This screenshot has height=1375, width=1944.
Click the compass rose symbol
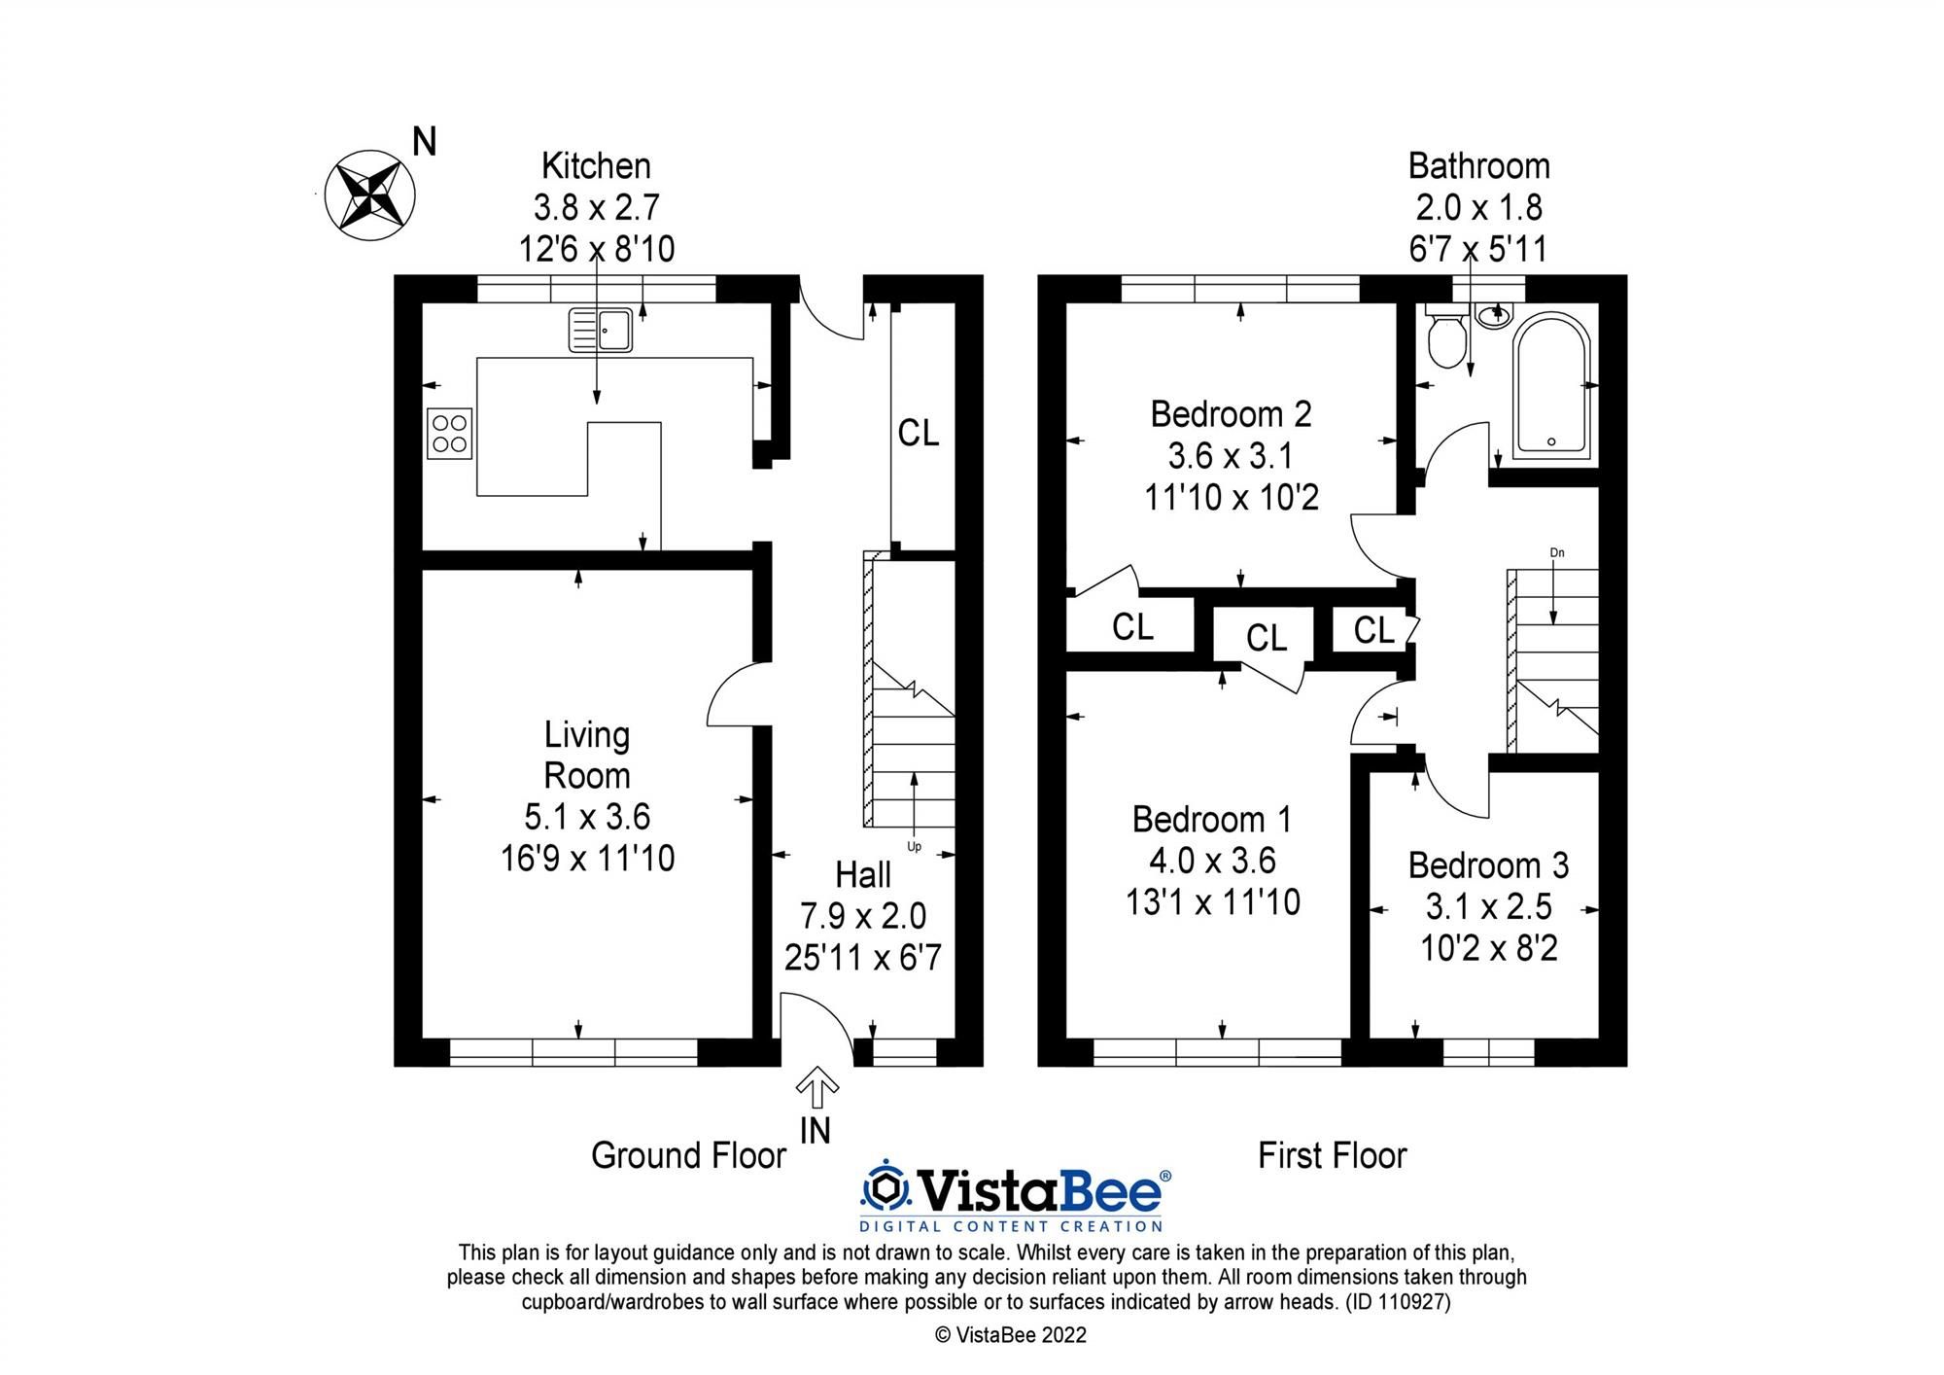(x=369, y=195)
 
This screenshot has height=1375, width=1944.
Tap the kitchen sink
(x=601, y=330)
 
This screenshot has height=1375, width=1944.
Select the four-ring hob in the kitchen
(x=449, y=433)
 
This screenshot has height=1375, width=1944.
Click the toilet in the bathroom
(x=1446, y=340)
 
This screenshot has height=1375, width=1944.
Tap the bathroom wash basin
(x=1494, y=313)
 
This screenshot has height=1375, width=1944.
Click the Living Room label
(x=587, y=755)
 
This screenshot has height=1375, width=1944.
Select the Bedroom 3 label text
(x=1488, y=864)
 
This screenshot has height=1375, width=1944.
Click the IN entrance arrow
(x=817, y=1089)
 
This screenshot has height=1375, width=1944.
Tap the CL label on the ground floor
(x=919, y=434)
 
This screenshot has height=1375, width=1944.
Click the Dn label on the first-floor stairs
(x=1557, y=553)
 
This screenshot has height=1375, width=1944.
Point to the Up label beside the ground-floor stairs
(x=914, y=846)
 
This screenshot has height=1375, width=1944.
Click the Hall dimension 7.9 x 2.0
(x=863, y=916)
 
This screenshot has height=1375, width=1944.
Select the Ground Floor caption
(x=688, y=1155)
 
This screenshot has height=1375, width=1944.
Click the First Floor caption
(x=1332, y=1155)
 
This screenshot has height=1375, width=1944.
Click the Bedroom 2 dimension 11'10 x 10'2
(x=1231, y=498)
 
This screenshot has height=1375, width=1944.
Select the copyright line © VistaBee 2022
(x=1011, y=1335)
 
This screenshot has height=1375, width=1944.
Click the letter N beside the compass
(x=425, y=143)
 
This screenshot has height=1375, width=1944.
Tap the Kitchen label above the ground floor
(x=596, y=166)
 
